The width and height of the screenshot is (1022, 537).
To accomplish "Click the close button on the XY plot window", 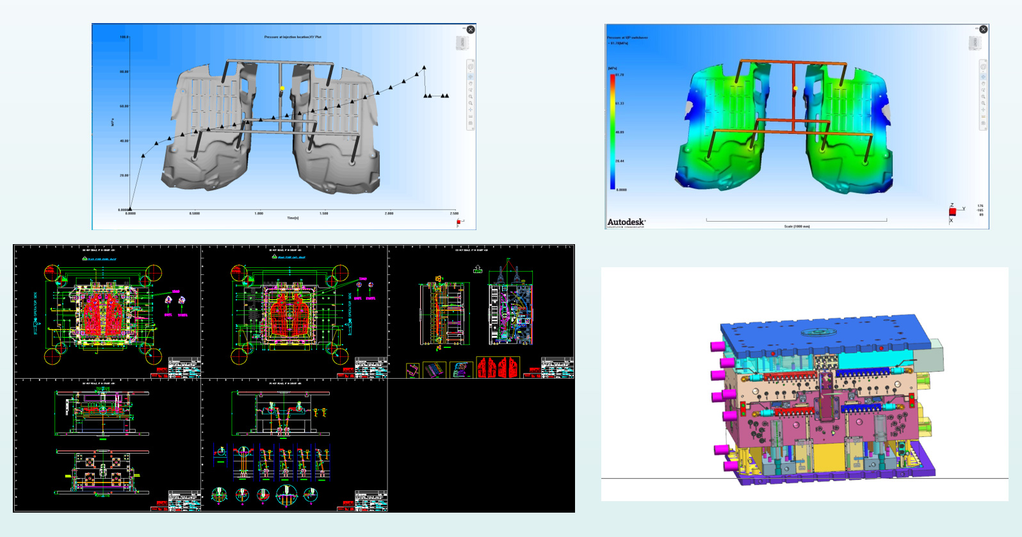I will coord(471,29).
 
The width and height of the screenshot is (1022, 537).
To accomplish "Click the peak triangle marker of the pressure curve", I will coord(424,67).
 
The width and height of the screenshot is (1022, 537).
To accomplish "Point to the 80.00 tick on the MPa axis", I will coord(124,72).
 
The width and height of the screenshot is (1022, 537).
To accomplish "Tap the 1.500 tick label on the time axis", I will coord(324,213).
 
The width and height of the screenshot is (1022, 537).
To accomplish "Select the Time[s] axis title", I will coord(293,218).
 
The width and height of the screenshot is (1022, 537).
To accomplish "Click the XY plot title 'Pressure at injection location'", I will coord(293,37).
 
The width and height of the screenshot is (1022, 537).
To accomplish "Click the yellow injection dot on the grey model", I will coord(282,88).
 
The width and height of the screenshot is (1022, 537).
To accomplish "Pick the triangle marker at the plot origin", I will coord(130,210).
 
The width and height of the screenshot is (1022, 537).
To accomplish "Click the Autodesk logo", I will coord(626,222).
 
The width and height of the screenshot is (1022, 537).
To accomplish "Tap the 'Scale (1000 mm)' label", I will coord(797,226).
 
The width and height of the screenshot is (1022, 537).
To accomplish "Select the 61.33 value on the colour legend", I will coord(619,103).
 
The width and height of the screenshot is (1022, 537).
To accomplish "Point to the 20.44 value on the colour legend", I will coord(619,161).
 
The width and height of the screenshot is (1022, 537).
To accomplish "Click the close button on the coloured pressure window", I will coord(984,29).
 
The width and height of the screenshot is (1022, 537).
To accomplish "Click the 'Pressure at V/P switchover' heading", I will coord(628,37).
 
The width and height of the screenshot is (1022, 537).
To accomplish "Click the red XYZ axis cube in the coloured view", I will coord(952,211).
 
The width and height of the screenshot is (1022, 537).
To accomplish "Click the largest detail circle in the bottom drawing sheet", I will coord(286,495).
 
